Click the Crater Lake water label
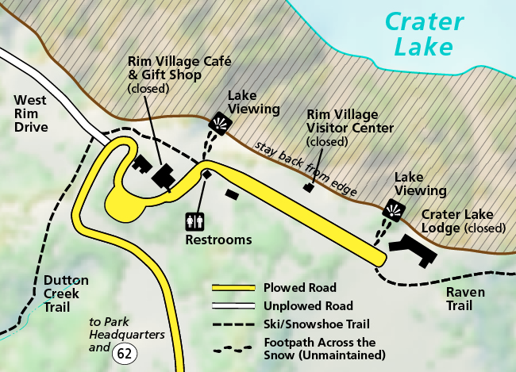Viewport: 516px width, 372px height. click(x=423, y=34)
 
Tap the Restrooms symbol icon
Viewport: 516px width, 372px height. click(x=194, y=221)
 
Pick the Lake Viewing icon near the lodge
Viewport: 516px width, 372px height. click(x=394, y=210)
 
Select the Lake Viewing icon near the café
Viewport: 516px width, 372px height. click(x=219, y=123)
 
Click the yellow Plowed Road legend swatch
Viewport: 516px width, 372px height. click(x=233, y=288)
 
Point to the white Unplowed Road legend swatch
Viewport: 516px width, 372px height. click(x=233, y=305)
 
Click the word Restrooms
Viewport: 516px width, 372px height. click(x=218, y=240)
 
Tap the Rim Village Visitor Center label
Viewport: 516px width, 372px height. click(x=350, y=127)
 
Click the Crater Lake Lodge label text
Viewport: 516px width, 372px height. click(x=463, y=221)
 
